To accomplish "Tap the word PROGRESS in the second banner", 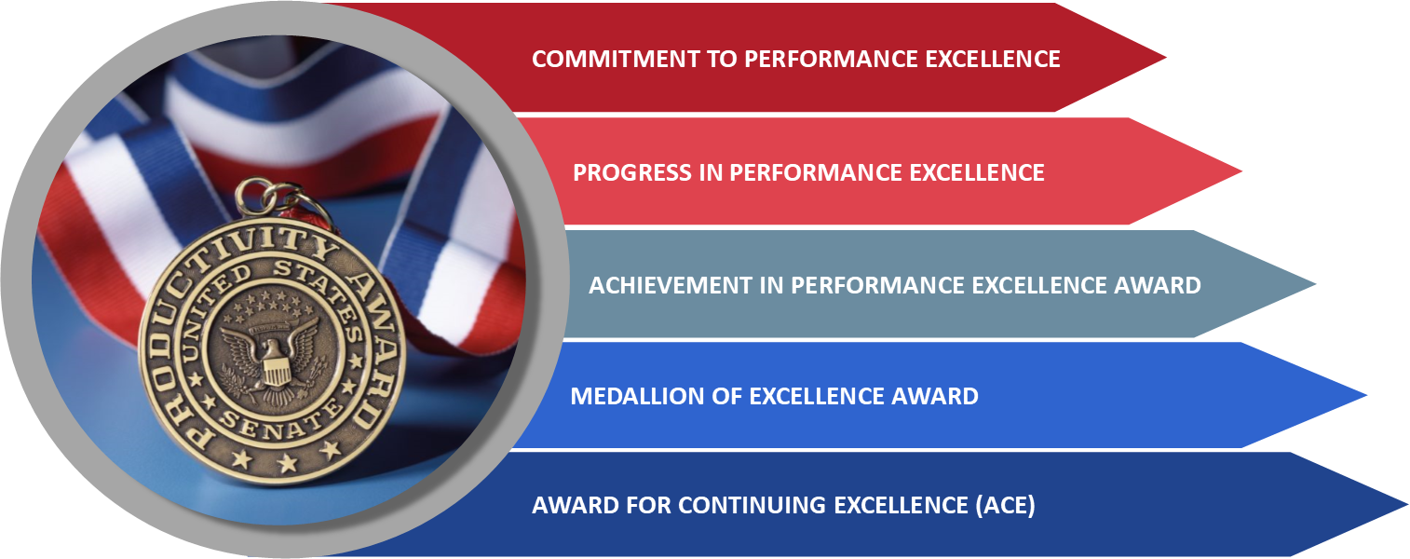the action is point(632,172).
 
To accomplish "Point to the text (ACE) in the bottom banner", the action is point(1005,506).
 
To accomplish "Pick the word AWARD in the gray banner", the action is point(1158,285).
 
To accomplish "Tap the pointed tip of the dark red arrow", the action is point(1166,58).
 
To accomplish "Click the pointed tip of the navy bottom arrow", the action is point(1407,504).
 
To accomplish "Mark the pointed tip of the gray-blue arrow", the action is point(1315,284).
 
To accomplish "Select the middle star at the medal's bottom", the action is point(288,465).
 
